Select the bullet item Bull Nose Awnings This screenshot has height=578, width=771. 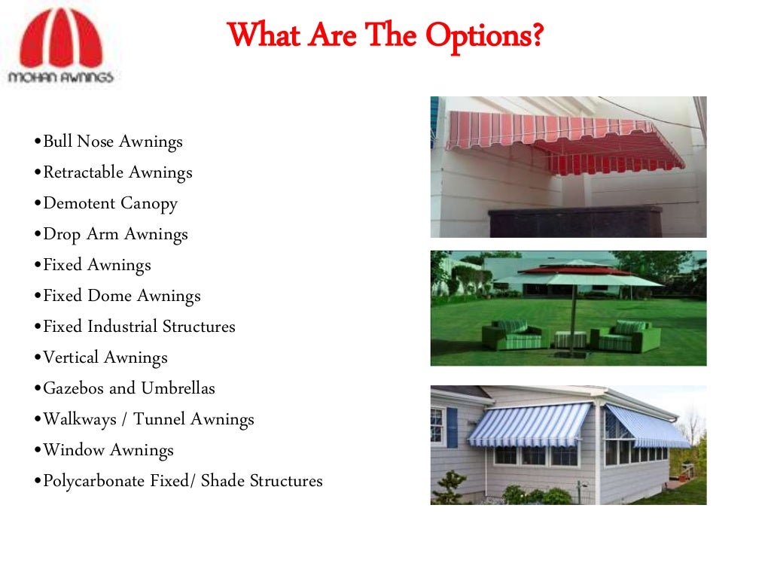tap(112, 141)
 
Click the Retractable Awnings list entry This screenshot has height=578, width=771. tap(117, 172)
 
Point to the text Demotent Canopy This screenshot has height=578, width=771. tap(110, 203)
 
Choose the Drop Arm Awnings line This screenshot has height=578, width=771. tap(115, 234)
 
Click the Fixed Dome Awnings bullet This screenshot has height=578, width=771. tap(121, 296)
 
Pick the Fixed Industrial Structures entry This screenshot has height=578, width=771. tap(139, 327)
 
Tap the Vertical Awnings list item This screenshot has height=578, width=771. tap(105, 357)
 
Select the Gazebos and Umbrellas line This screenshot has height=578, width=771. tap(129, 388)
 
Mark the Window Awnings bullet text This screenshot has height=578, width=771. tap(108, 450)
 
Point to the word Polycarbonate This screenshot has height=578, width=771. tap(94, 481)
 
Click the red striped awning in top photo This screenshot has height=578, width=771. tap(565, 139)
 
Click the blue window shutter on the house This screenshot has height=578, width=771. tap(452, 427)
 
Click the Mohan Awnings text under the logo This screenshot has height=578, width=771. tap(60, 76)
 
